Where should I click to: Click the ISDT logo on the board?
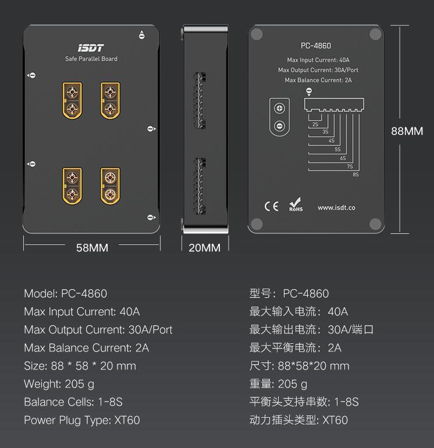[x=91, y=48]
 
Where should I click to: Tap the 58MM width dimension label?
[x=92, y=248]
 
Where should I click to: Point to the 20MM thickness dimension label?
[x=205, y=248]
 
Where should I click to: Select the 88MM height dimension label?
[x=407, y=131]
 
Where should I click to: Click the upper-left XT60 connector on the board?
[x=72, y=101]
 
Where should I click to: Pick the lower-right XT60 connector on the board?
[x=110, y=186]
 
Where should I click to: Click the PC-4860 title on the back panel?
[x=316, y=46]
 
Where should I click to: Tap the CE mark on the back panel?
[x=271, y=207]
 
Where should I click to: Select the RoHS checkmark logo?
[x=296, y=207]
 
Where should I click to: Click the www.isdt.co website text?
[x=336, y=208]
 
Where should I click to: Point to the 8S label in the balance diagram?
[x=355, y=174]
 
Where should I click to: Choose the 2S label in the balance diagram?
[x=315, y=124]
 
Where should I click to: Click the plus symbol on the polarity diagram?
[x=280, y=108]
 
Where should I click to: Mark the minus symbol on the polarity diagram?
[x=280, y=125]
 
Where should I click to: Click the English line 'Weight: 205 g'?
[x=59, y=384]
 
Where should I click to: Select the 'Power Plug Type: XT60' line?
[x=81, y=420]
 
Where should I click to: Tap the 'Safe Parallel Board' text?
[x=91, y=59]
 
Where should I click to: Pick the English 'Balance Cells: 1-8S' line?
[x=73, y=402]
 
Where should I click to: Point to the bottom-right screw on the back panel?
[x=375, y=223]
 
